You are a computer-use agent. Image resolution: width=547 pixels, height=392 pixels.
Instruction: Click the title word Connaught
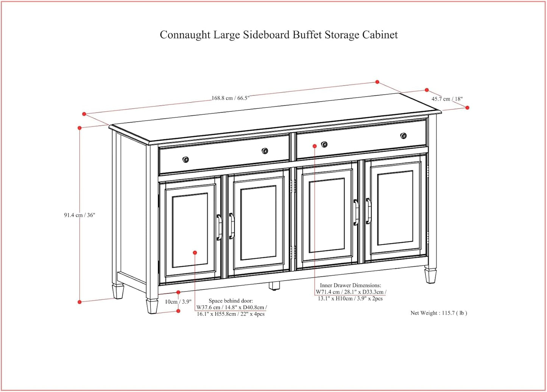point(185,35)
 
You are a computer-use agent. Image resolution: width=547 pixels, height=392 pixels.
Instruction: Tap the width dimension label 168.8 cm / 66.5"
point(230,98)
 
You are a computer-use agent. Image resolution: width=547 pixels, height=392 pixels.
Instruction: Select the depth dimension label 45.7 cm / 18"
point(447,99)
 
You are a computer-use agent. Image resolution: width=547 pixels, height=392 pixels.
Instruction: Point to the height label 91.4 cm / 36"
point(79,215)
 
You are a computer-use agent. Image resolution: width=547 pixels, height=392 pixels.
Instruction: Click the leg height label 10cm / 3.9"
point(178,302)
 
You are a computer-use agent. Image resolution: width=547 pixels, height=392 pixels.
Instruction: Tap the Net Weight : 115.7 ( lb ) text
point(439,313)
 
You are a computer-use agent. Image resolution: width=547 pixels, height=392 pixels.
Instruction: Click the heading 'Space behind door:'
point(231,301)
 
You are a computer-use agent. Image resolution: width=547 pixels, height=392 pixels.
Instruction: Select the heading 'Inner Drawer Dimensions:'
point(350,285)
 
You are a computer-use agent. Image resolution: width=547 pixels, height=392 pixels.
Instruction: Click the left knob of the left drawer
point(185,159)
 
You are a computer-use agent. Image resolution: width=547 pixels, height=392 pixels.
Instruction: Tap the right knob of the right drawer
point(404,136)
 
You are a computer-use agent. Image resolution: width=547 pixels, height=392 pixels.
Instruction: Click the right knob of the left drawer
point(265,151)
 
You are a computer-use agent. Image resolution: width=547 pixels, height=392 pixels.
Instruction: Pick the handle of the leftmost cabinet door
point(219,227)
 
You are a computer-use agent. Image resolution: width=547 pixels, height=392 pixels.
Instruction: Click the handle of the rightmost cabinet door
point(368,211)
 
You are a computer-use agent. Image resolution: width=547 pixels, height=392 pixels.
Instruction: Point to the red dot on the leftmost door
point(195,253)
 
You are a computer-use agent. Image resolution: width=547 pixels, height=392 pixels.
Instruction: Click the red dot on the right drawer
point(315,146)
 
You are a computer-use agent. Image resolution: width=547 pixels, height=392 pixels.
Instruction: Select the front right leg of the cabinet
point(430,275)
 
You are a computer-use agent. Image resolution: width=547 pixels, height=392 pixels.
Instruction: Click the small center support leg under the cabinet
point(274,286)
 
